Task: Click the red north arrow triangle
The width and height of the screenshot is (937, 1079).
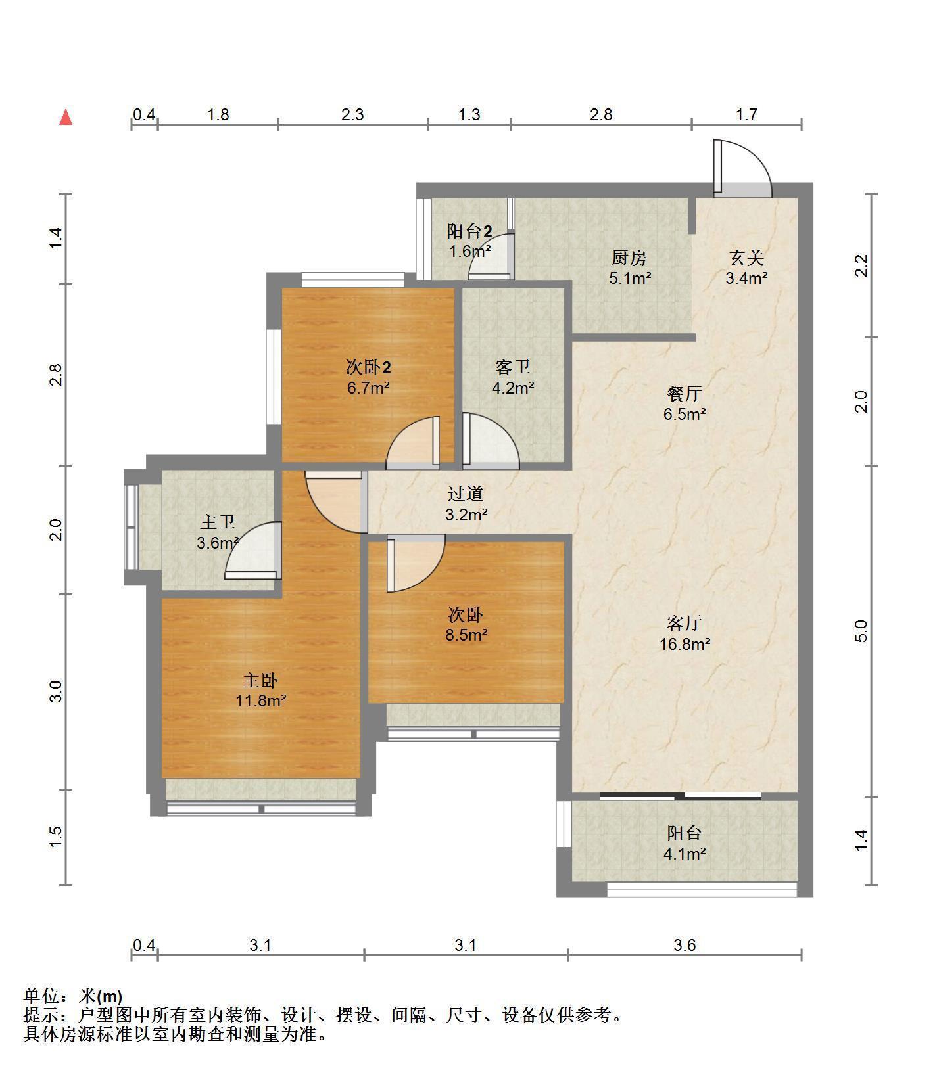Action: pos(66,118)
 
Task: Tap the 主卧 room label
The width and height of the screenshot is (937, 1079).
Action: pos(260,679)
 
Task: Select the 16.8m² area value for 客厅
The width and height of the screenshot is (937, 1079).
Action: pos(685,644)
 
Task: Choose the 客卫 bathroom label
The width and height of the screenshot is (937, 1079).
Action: pos(513,367)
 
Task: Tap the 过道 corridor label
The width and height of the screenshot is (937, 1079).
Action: pos(466,494)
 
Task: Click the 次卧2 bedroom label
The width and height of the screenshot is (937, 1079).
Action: pos(368,367)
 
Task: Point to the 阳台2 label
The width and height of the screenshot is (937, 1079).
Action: pos(469,231)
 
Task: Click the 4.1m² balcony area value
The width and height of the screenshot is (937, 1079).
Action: pos(685,854)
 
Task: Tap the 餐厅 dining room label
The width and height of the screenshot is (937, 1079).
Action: pos(684,394)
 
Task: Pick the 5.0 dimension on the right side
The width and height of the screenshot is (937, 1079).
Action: pos(861,631)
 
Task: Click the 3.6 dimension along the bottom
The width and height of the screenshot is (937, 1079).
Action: pos(685,945)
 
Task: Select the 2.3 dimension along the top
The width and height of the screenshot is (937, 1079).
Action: pos(352,114)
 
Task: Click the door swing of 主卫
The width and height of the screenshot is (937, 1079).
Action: pos(254,551)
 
